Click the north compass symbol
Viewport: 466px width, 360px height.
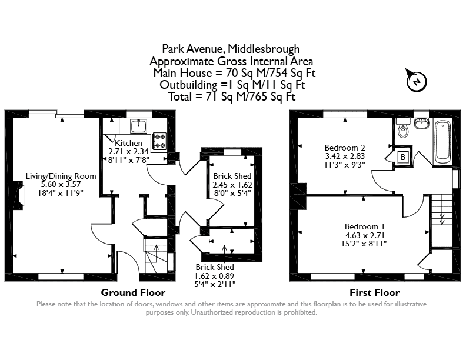(x=417, y=80)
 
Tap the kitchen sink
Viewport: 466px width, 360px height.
(x=138, y=126)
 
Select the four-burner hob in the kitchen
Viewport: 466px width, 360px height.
(x=159, y=141)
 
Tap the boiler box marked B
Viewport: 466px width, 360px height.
(x=403, y=157)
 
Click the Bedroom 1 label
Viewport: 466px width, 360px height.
(x=365, y=226)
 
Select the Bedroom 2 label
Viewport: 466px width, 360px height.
(x=345, y=148)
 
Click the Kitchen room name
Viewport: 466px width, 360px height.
(x=128, y=143)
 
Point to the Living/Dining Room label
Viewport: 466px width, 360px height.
(x=61, y=176)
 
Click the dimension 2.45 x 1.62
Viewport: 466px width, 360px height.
(x=232, y=185)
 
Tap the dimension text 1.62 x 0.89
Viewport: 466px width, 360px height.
(x=215, y=276)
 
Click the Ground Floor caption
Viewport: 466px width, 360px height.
(x=133, y=292)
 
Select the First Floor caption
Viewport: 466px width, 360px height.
(x=374, y=292)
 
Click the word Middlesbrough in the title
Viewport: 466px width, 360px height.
(x=264, y=49)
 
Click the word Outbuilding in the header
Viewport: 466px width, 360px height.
(x=188, y=85)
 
